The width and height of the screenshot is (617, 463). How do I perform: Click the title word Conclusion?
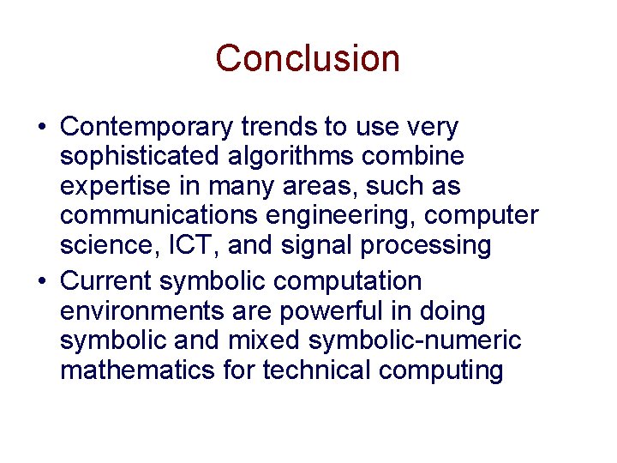[308, 59]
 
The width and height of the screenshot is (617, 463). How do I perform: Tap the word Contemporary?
[147, 128]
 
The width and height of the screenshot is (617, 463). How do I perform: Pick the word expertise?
[119, 186]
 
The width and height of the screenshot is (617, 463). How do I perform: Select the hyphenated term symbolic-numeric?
[415, 340]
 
